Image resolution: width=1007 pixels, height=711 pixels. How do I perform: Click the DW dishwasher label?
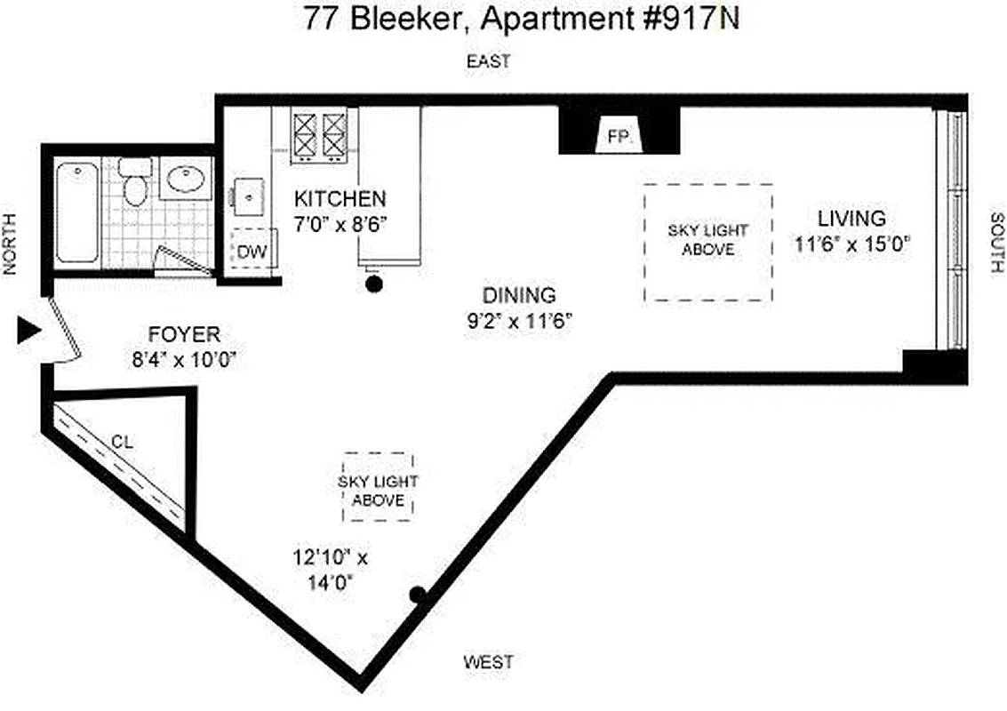coord(252,252)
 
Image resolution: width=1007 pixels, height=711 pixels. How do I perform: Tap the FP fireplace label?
coord(619,137)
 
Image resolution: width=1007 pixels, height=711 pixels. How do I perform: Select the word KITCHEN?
coord(340,198)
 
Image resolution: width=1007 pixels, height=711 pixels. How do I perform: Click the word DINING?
coord(519,295)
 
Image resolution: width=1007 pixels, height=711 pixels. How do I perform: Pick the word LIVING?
coord(851,218)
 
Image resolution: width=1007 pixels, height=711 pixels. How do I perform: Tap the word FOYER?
coord(184,335)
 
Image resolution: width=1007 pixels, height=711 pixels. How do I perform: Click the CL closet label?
coord(123,440)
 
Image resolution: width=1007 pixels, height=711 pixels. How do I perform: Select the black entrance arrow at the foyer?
coord(29,332)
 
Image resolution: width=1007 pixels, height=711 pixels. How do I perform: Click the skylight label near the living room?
coord(707,240)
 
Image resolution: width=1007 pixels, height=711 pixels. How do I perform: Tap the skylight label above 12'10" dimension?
coord(378,491)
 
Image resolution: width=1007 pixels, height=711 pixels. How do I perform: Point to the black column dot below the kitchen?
coord(374,284)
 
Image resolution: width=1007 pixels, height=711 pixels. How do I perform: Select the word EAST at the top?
coord(489,61)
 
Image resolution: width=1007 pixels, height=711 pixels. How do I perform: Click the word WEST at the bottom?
coord(488,662)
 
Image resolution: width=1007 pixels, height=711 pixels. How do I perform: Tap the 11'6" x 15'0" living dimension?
coord(853,244)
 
